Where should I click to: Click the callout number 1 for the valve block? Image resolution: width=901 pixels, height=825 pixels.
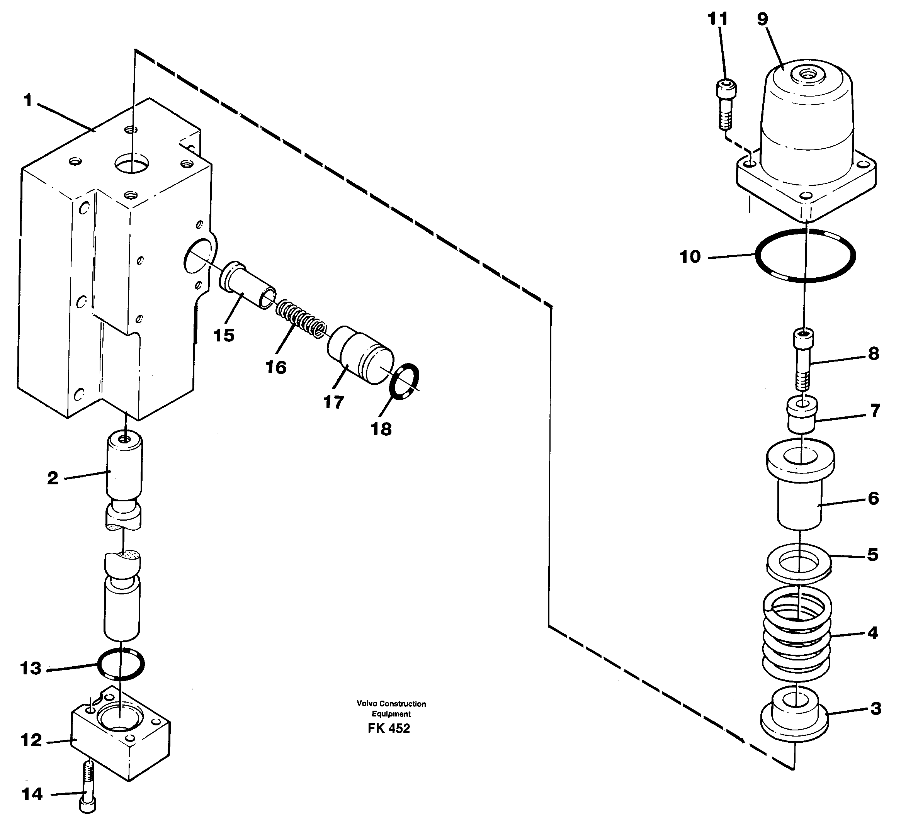[28, 101]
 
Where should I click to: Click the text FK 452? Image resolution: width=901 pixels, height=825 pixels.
[388, 728]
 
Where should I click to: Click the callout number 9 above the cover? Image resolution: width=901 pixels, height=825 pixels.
[762, 20]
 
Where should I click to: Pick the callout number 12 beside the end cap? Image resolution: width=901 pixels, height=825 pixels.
[31, 740]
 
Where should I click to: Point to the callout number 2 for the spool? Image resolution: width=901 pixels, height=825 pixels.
[53, 479]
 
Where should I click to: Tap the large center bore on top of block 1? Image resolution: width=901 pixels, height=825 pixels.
[132, 163]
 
